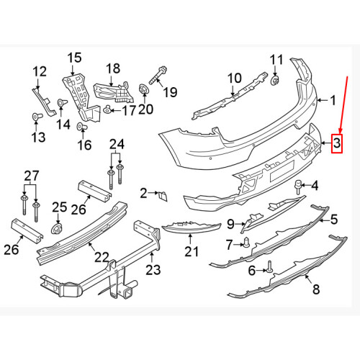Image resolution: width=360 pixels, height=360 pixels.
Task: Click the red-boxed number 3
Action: pyautogui.click(x=337, y=145)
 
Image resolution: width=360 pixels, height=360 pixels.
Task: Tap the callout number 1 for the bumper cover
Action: pyautogui.click(x=333, y=102)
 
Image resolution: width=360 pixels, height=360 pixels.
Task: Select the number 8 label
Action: pyautogui.click(x=315, y=290)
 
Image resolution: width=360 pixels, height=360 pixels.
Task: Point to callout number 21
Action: pyautogui.click(x=190, y=251)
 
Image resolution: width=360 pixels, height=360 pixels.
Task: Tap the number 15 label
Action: pyautogui.click(x=76, y=57)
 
